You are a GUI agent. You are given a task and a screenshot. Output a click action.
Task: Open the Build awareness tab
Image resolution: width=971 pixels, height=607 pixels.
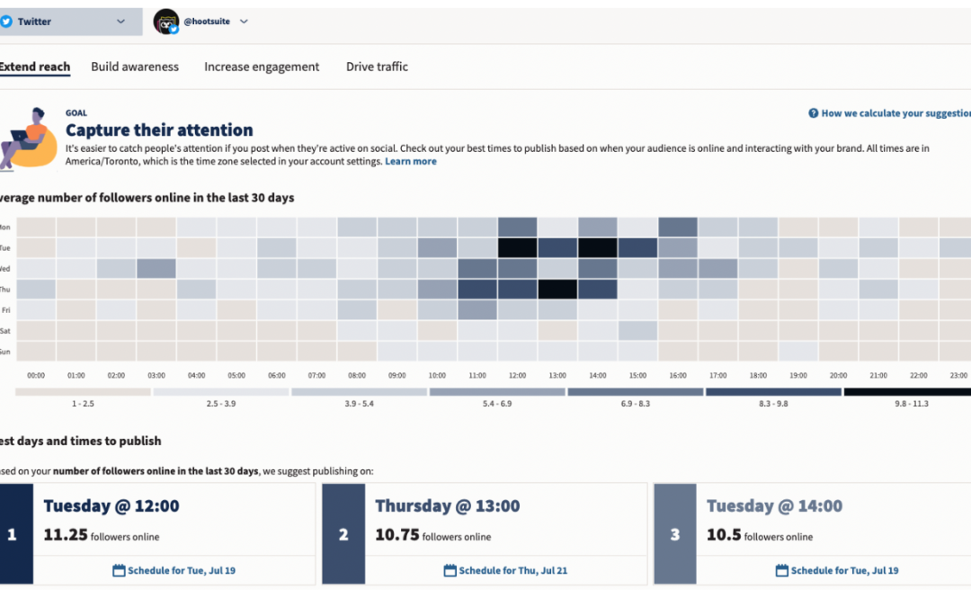tap(135, 67)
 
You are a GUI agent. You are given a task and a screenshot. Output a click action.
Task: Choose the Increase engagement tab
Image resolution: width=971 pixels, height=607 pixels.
tap(262, 67)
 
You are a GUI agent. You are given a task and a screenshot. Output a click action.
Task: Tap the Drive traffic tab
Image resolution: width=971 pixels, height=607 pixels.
tap(377, 67)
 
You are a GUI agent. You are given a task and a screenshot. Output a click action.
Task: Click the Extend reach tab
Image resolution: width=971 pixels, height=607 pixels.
tap(34, 67)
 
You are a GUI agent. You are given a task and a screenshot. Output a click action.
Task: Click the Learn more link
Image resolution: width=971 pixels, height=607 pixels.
tap(411, 161)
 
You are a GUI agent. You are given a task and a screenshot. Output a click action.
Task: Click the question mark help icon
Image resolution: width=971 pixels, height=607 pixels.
tap(813, 113)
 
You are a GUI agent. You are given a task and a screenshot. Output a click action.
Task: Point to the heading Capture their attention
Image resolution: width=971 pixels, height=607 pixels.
tap(159, 130)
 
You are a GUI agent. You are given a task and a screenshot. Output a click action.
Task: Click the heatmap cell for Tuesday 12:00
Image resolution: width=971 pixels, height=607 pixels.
tap(517, 247)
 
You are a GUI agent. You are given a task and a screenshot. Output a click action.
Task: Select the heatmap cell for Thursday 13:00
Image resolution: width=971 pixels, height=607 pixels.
tap(557, 289)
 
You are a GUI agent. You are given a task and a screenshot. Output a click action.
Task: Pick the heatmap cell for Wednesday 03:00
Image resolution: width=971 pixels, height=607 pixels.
tap(156, 268)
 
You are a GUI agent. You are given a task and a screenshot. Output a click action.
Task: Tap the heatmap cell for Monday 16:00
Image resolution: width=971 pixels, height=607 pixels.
tap(678, 227)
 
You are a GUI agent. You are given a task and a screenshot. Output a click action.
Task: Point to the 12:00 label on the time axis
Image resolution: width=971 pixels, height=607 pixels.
tap(518, 376)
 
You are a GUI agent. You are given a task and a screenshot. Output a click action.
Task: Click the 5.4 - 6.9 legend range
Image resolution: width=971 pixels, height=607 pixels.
tap(497, 392)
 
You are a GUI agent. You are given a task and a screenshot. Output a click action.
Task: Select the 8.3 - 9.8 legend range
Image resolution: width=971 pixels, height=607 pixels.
tap(773, 392)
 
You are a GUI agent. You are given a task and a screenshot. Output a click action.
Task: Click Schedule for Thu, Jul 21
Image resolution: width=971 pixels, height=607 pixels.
tap(506, 570)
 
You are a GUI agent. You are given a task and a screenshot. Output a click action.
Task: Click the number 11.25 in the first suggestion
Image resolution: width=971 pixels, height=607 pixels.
tap(66, 535)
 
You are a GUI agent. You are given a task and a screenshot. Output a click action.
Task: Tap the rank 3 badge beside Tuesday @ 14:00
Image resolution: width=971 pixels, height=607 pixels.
tap(674, 534)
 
